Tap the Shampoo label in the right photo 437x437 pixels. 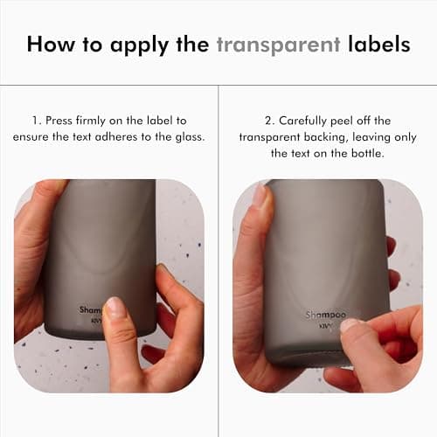tap(325, 315)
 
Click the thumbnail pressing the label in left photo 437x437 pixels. tap(114, 309)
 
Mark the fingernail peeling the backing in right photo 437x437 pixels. tap(350, 325)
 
